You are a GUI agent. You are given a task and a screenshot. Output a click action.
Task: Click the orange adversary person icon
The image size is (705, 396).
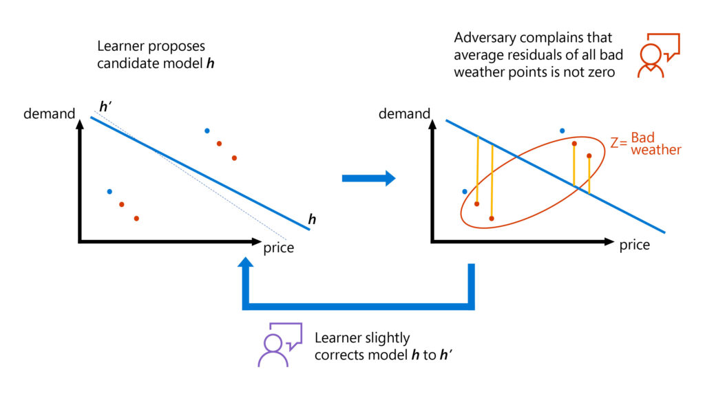tap(652, 60)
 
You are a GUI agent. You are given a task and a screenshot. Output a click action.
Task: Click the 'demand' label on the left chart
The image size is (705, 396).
tap(49, 113)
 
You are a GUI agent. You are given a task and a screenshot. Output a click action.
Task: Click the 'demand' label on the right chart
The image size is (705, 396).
tap(403, 113)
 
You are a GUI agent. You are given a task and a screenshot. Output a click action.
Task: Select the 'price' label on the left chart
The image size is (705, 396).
tap(278, 247)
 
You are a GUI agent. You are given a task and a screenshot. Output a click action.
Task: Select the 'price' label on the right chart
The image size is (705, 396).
tap(634, 245)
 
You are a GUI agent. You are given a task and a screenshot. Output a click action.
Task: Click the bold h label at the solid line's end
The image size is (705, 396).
tap(312, 219)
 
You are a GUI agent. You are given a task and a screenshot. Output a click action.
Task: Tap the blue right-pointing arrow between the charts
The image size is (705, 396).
tap(368, 179)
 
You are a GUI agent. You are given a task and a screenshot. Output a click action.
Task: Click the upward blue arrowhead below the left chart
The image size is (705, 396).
tap(247, 268)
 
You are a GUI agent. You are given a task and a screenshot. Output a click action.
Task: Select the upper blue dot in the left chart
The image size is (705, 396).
tap(207, 131)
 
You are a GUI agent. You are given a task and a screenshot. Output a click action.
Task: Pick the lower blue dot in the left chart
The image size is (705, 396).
tap(109, 191)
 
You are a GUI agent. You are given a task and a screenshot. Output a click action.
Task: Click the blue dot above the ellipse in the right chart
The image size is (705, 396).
tap(562, 131)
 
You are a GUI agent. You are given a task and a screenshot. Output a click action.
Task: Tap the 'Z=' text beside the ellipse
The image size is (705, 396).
tap(618, 144)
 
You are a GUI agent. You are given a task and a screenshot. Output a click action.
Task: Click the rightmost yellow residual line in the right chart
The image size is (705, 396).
tap(589, 173)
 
